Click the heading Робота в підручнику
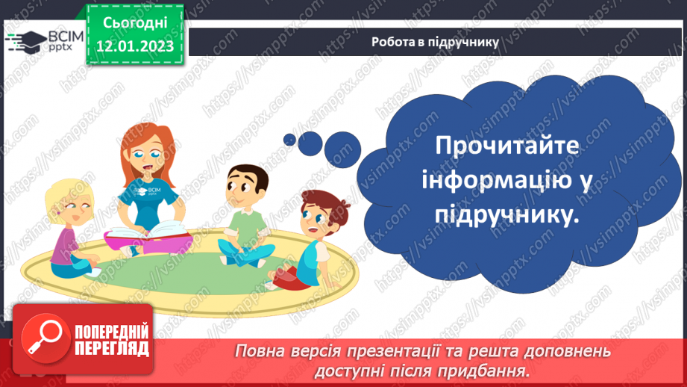pos(435,42)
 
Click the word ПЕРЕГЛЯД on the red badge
pos(111,348)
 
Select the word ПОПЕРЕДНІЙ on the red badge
pos(111,330)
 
